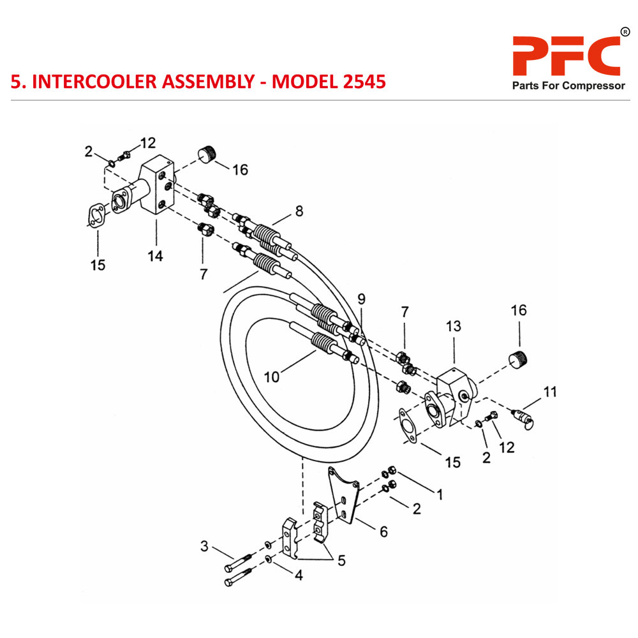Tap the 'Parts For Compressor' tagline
point(568,86)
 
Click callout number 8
point(299,211)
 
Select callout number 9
point(361,299)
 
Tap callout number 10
point(272,377)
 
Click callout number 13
point(453,326)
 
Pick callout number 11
point(549,391)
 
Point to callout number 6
point(383,531)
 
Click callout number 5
point(341,561)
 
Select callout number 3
point(204,545)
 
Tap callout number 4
point(298,575)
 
